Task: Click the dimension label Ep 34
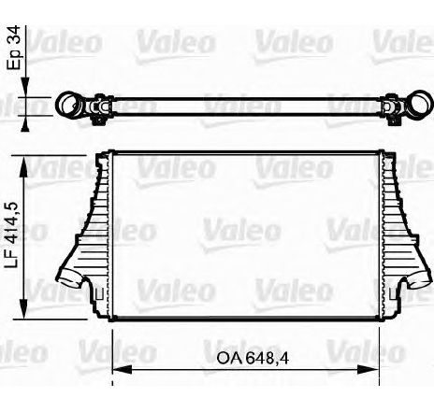pyautogui.click(x=15, y=49)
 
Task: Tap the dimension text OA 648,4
pyautogui.click(x=253, y=359)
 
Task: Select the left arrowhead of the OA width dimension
pyautogui.click(x=123, y=370)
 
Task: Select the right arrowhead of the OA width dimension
pyautogui.click(x=369, y=370)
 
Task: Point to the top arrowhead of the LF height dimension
pyautogui.click(x=24, y=167)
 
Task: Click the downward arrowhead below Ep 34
pyautogui.click(x=25, y=87)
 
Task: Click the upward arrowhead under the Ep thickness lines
pyautogui.click(x=25, y=124)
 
